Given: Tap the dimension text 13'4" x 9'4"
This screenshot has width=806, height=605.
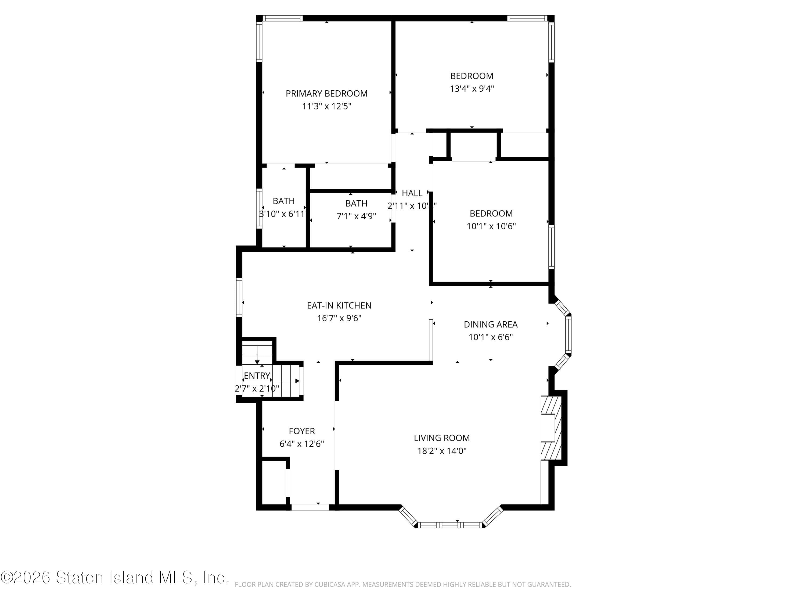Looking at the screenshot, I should [472, 89].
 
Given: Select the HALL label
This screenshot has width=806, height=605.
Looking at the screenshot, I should [412, 193].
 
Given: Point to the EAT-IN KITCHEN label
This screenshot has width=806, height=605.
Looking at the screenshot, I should [339, 306].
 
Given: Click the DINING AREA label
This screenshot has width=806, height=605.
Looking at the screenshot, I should [490, 325].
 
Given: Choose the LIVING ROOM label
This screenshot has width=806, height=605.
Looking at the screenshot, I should [442, 438].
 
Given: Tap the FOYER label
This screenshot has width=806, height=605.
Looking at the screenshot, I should [302, 431].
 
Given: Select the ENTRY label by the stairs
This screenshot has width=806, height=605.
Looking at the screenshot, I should [257, 376].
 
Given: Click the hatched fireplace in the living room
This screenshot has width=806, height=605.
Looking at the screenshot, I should [551, 429].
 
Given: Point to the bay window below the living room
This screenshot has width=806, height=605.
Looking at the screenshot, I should [450, 525].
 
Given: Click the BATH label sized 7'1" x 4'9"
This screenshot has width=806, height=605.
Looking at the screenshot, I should [356, 204].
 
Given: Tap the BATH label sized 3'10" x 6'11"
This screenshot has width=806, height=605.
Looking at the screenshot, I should [283, 201].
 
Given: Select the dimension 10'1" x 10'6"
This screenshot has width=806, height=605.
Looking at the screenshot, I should [491, 226].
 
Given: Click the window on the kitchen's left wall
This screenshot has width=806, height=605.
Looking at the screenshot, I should [239, 297].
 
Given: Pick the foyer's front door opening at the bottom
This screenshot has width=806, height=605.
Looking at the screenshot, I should [310, 507].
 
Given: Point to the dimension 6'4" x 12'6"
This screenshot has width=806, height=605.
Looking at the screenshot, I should [302, 444].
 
